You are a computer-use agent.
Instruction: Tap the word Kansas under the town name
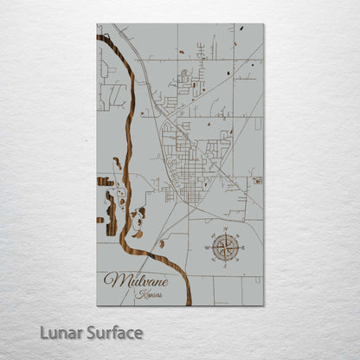point(149,294)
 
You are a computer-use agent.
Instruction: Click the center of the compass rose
point(225,248)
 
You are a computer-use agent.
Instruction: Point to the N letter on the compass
point(225,232)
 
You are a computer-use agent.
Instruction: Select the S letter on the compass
point(225,265)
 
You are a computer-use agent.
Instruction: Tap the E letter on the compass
point(241,248)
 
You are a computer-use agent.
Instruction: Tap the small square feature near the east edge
point(257,181)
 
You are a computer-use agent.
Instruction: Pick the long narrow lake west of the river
point(110,209)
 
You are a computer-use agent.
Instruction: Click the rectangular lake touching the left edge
point(103,182)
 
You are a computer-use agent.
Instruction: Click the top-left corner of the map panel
point(97,24)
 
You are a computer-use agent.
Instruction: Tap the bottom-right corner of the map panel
point(263,305)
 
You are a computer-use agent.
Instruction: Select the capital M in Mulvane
point(111,280)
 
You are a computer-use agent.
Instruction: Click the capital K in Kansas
point(138,294)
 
